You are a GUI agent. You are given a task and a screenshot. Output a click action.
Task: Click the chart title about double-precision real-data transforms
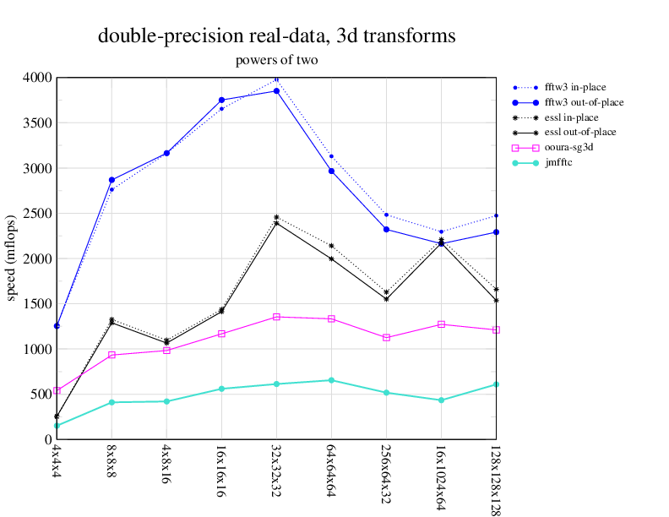277,36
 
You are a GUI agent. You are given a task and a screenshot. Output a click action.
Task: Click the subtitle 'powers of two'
277,60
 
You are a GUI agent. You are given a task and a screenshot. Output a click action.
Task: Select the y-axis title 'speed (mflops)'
13,258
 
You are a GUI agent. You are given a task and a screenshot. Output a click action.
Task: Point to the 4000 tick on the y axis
37,78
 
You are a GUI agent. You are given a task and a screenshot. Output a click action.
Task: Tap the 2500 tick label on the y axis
37,214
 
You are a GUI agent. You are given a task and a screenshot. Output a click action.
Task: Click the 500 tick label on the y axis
41,395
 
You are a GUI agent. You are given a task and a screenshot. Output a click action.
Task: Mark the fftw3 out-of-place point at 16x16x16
221,100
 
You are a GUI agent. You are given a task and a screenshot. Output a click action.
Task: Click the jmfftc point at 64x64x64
331,380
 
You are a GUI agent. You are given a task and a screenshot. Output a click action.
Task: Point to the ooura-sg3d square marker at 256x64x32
386,337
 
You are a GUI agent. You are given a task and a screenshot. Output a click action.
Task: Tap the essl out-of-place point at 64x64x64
331,258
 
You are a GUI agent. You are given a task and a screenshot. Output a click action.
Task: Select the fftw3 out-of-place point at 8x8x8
111,180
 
